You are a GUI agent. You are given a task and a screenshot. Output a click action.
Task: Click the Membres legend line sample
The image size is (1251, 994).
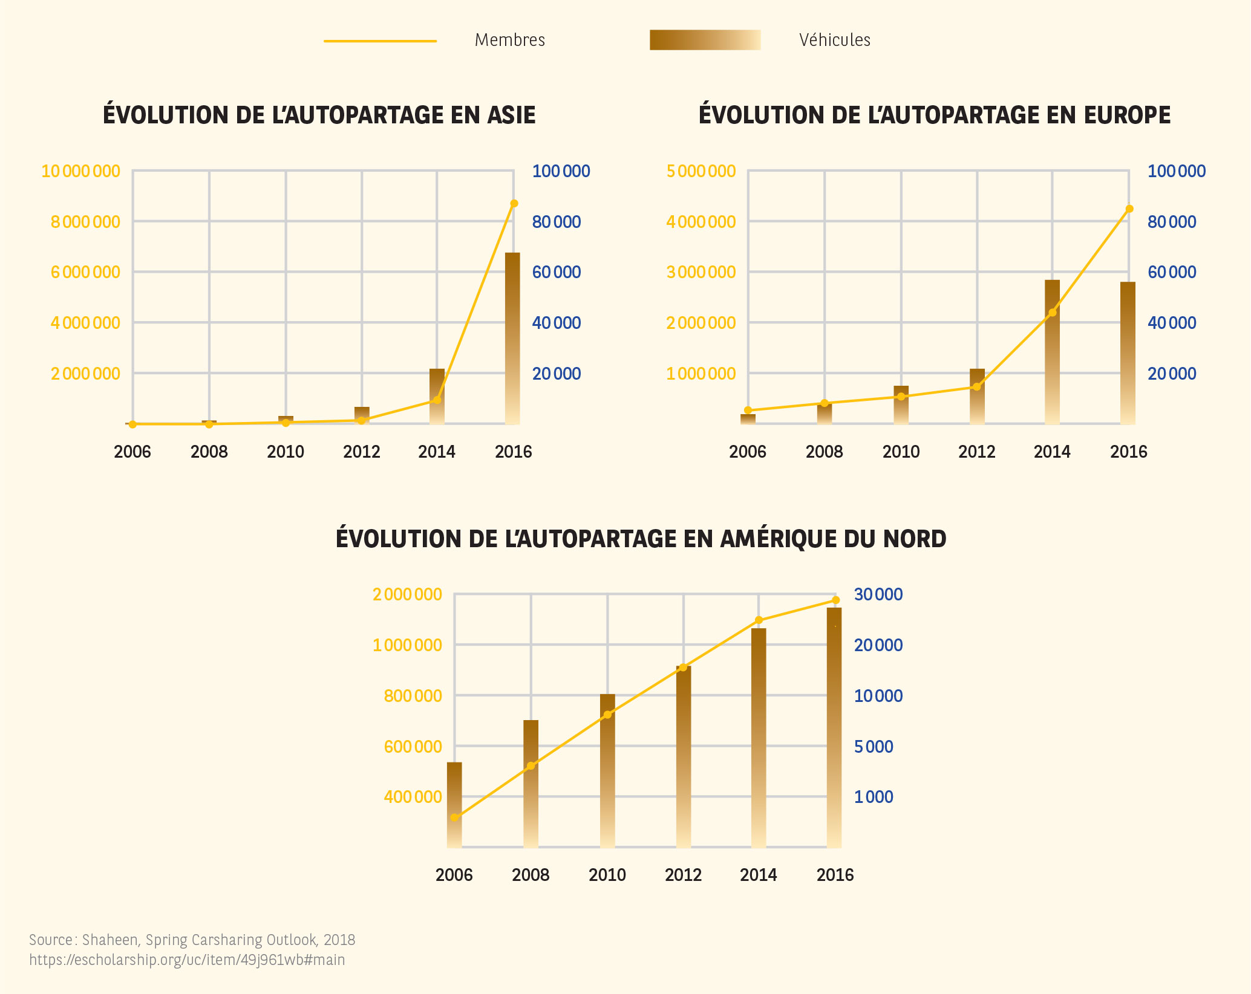click(x=380, y=41)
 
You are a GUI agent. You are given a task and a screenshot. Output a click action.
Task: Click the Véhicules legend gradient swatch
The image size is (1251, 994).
click(x=705, y=40)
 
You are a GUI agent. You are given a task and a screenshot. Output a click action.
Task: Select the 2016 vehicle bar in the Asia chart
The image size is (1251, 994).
click(x=512, y=339)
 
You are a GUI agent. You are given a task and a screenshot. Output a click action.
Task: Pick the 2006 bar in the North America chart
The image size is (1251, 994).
click(x=454, y=804)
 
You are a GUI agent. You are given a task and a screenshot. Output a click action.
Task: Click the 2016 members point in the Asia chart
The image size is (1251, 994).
click(x=514, y=203)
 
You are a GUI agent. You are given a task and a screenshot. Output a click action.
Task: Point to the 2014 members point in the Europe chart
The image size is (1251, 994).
click(x=1053, y=313)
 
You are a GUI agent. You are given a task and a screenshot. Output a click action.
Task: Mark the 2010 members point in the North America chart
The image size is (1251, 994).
click(x=607, y=715)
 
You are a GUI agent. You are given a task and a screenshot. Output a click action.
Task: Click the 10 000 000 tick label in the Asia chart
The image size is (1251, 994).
click(x=80, y=171)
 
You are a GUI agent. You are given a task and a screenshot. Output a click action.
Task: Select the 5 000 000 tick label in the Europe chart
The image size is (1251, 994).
click(x=701, y=171)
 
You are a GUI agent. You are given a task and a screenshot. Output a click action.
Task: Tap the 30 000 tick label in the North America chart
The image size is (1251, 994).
click(x=878, y=594)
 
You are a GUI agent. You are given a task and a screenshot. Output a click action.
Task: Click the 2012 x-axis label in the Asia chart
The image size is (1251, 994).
click(x=362, y=452)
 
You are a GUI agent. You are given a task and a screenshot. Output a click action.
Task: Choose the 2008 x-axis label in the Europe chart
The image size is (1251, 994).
click(x=824, y=452)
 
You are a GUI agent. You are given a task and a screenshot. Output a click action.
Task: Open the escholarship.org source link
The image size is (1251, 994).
click(x=187, y=960)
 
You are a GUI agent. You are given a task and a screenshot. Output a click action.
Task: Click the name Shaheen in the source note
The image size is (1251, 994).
click(x=109, y=940)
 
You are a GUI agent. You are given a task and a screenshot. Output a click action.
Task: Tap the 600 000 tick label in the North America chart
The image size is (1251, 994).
click(x=413, y=747)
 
